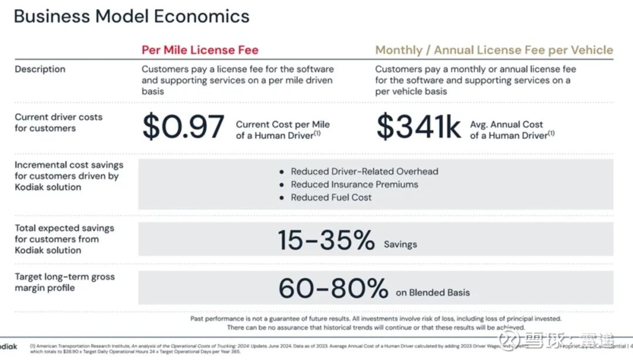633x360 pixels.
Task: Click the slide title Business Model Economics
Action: click(x=131, y=16)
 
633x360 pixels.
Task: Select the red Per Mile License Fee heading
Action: click(x=200, y=50)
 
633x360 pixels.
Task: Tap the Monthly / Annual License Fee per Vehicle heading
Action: click(x=494, y=50)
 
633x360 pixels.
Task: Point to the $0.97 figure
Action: click(x=183, y=127)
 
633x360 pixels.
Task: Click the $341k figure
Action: click(x=418, y=127)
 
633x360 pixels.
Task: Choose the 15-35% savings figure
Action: click(x=326, y=240)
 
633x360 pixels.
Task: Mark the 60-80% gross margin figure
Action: click(x=333, y=288)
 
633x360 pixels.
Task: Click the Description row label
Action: click(x=40, y=69)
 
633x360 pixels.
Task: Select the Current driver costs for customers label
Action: click(x=59, y=123)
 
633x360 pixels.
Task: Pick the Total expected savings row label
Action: click(x=64, y=239)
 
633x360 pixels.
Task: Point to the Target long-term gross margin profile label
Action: click(x=64, y=282)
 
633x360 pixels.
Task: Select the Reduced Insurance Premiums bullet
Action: click(x=355, y=185)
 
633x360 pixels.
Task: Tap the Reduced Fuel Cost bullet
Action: click(x=331, y=198)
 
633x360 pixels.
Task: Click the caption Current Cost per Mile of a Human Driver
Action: click(x=283, y=130)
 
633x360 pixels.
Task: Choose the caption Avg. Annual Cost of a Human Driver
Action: click(x=512, y=130)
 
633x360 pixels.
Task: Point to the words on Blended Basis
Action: click(x=433, y=293)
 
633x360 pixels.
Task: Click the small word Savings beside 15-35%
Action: click(x=400, y=244)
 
